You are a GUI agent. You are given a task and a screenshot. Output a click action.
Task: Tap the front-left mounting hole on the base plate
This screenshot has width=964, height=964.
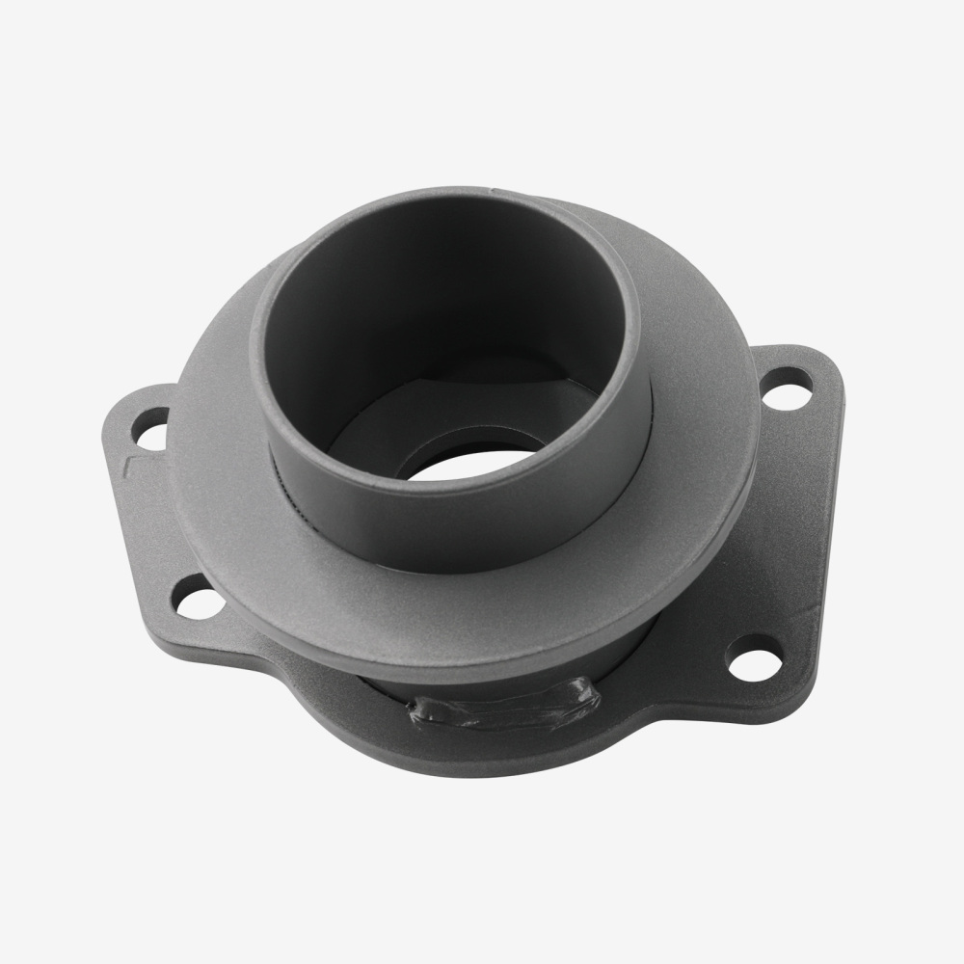pos(197,598)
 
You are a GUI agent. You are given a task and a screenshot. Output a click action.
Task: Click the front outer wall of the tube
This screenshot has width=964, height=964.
pos(453,521)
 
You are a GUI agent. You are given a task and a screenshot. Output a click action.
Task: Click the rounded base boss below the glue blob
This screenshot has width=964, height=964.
pos(482,752)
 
